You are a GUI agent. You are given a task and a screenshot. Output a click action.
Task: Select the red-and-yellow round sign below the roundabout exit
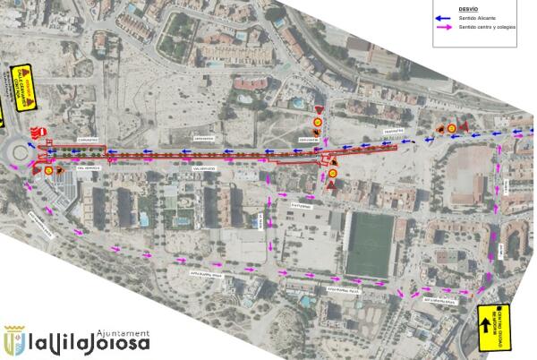click(x=47, y=167)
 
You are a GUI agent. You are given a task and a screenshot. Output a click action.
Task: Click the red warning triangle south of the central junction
click(x=331, y=184)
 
